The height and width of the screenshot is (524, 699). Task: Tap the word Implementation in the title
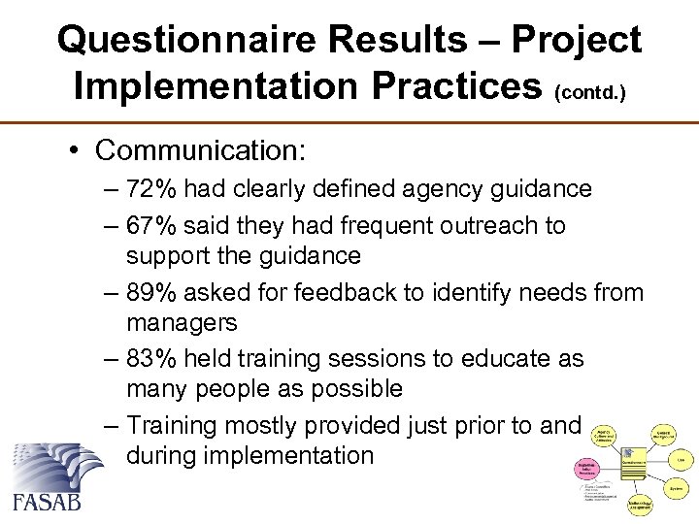click(204, 85)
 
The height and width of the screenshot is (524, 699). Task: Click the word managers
click(182, 322)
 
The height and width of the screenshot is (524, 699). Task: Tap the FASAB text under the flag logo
click(47, 501)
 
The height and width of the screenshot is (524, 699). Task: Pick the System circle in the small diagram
click(675, 488)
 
